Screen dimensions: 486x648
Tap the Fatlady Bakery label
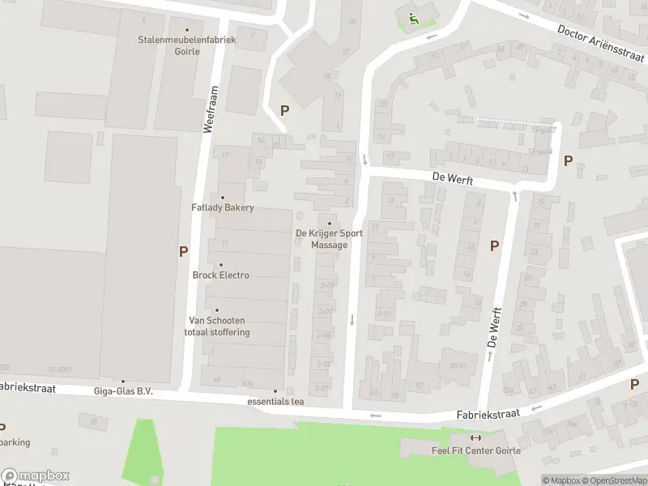pos(223,207)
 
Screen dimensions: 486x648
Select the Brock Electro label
pos(220,275)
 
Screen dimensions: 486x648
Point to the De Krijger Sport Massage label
pos(329,239)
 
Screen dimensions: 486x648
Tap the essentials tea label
pos(275,402)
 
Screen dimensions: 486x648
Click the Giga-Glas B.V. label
pos(123,391)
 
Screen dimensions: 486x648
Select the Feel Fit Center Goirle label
pos(475,450)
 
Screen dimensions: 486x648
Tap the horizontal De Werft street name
pos(452,178)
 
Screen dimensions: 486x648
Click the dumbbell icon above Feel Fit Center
pos(475,438)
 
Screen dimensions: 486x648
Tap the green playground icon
pos(414,20)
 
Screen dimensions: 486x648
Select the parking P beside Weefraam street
pos(183,252)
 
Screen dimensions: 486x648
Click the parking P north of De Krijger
pos(284,110)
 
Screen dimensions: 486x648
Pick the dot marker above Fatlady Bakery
pos(223,197)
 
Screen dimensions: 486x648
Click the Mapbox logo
pos(35,476)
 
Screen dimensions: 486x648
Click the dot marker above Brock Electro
pos(220,265)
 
